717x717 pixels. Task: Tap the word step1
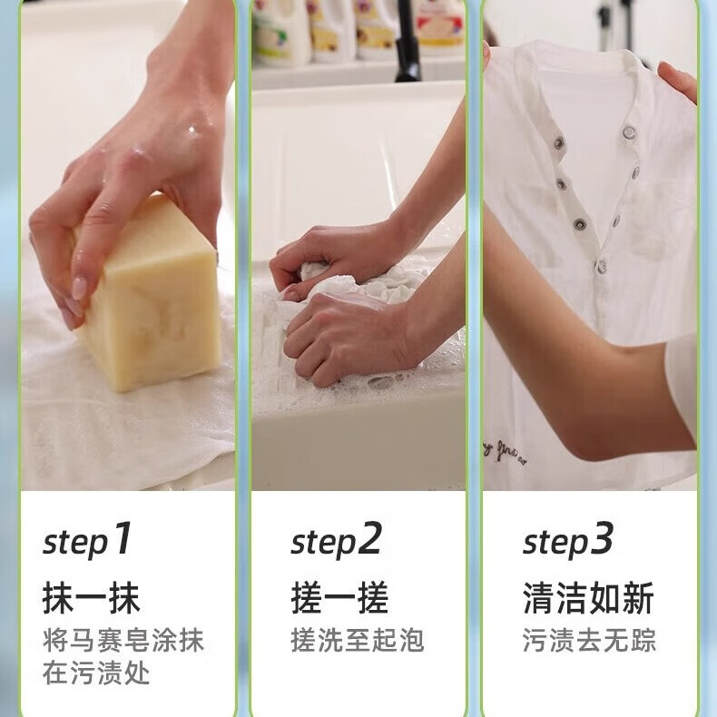88,542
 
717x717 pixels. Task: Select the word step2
336,542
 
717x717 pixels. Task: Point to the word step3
568,542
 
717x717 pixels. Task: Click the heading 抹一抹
92,599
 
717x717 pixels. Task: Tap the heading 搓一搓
339,599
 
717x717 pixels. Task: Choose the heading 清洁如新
588,599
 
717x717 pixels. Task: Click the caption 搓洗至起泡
358,640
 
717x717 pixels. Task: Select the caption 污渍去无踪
589,640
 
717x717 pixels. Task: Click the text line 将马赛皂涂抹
124,640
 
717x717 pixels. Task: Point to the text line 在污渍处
96,673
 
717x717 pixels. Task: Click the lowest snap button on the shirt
600,266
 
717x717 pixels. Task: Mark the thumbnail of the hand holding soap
127,245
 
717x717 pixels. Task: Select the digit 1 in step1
123,540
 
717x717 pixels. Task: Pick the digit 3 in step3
603,540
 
